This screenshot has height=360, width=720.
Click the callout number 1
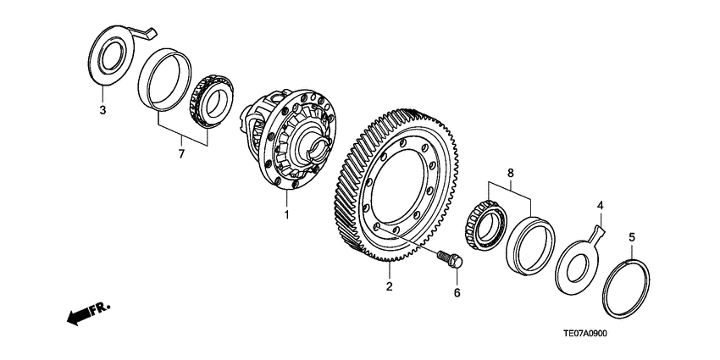[286, 214]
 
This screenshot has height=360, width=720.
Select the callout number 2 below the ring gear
[389, 286]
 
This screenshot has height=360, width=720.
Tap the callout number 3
[102, 110]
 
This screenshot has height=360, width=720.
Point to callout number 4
[600, 204]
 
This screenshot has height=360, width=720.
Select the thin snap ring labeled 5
[627, 288]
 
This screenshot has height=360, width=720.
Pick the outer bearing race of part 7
[162, 81]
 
